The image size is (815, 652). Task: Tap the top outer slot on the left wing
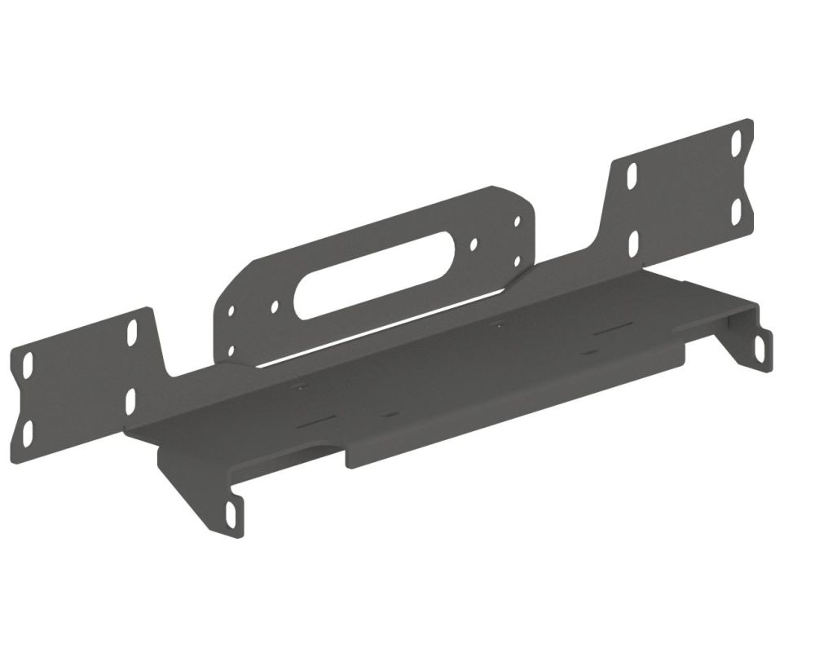(28, 362)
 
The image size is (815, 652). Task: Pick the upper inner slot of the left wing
(132, 333)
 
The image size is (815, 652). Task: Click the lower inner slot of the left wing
(130, 400)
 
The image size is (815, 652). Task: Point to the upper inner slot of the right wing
(632, 176)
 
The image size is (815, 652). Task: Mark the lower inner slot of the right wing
(633, 242)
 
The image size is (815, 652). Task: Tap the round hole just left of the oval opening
(275, 306)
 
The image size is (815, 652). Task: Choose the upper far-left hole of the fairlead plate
(231, 311)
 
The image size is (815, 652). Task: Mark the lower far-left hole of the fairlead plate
(231, 350)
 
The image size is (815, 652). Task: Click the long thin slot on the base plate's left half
(317, 421)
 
